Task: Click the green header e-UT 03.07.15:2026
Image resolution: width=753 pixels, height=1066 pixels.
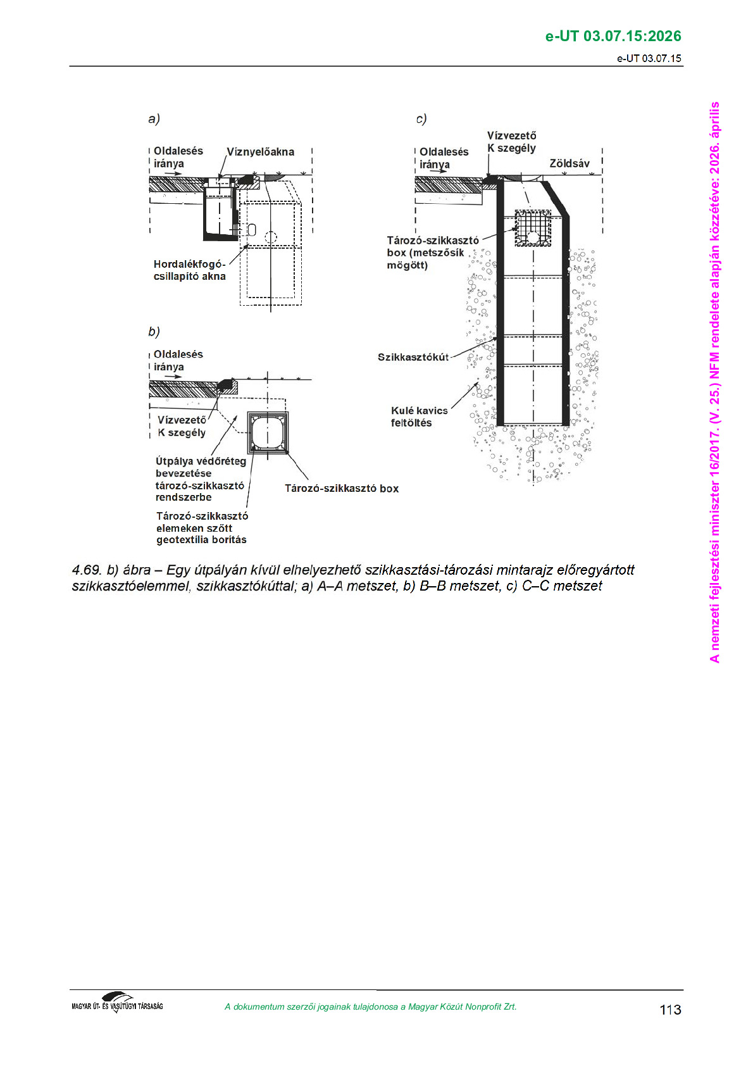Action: [x=613, y=36]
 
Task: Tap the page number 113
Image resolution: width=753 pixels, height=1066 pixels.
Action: [x=670, y=1010]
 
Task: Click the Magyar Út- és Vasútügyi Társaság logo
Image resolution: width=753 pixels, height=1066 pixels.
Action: [x=117, y=1003]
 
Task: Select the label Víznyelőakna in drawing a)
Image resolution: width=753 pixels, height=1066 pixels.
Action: [x=260, y=152]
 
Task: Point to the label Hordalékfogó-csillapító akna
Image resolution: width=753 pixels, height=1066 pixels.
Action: [x=189, y=270]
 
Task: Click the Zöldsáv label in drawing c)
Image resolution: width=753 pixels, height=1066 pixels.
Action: [x=569, y=163]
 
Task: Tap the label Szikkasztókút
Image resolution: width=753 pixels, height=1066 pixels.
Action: [x=413, y=357]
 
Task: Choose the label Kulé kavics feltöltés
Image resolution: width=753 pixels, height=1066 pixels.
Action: [x=419, y=417]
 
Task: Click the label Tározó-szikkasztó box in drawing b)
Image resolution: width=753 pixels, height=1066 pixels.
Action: [x=342, y=488]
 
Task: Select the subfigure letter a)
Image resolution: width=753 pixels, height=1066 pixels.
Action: [x=154, y=118]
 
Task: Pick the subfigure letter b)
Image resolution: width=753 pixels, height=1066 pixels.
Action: [x=154, y=332]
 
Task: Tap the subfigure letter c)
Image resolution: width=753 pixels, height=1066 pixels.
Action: [x=421, y=118]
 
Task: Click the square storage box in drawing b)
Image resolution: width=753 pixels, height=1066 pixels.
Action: [x=269, y=433]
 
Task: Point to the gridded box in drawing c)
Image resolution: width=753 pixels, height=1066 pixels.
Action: [x=533, y=227]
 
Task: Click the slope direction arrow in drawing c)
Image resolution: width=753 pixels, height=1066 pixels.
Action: [x=440, y=172]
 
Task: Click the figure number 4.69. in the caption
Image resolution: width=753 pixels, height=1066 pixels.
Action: [x=87, y=570]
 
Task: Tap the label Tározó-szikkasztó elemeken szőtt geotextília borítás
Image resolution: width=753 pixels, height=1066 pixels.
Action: [x=202, y=528]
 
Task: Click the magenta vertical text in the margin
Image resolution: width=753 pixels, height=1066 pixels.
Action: [x=714, y=382]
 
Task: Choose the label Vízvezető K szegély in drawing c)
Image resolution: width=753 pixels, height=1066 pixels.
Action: [x=511, y=142]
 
